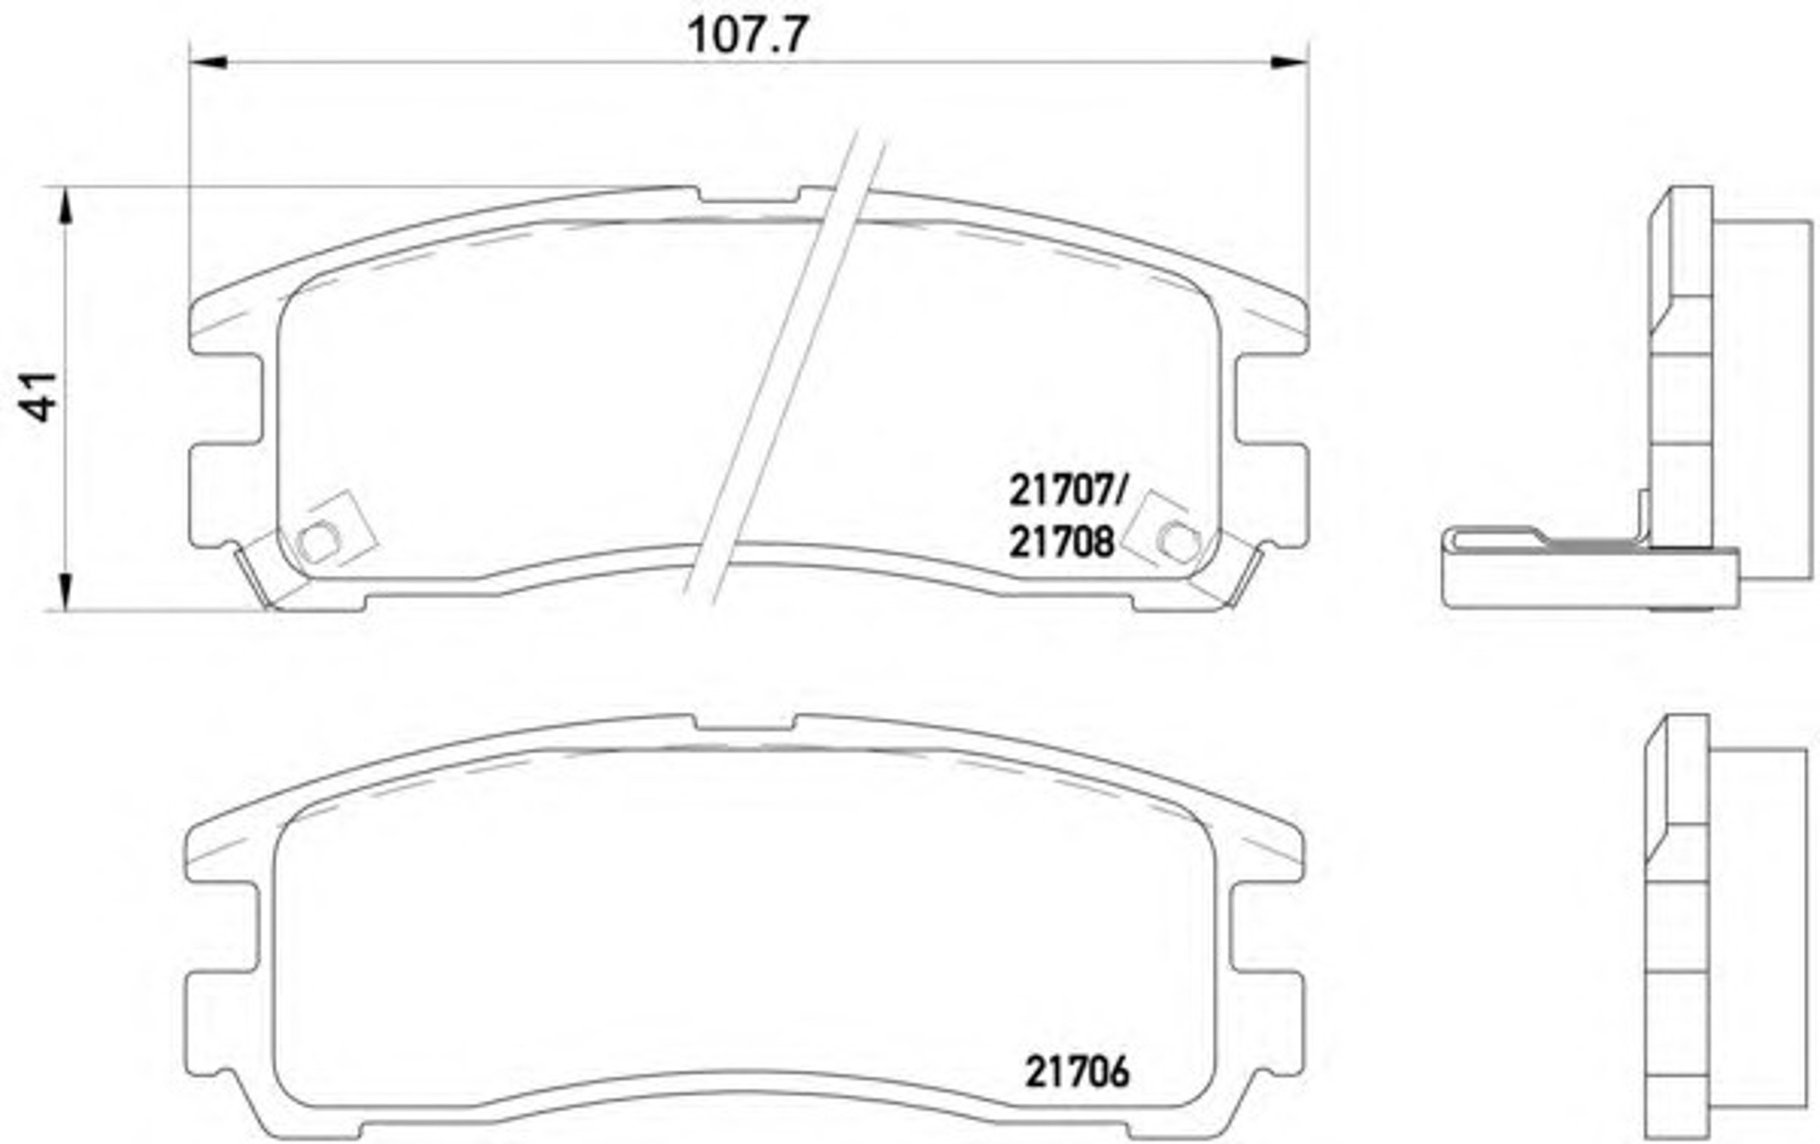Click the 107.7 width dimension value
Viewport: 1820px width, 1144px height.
(x=748, y=35)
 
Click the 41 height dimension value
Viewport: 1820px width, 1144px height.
(x=39, y=397)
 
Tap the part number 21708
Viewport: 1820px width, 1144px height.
(x=1062, y=542)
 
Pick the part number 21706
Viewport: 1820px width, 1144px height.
(x=1077, y=1073)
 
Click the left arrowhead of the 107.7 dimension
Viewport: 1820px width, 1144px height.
(x=208, y=61)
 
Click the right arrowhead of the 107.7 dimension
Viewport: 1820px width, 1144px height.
(x=1290, y=61)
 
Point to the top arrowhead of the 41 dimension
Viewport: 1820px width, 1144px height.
(x=67, y=206)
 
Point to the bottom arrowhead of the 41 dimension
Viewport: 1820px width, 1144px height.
(x=67, y=591)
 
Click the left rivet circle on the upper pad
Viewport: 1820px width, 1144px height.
(x=318, y=542)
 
